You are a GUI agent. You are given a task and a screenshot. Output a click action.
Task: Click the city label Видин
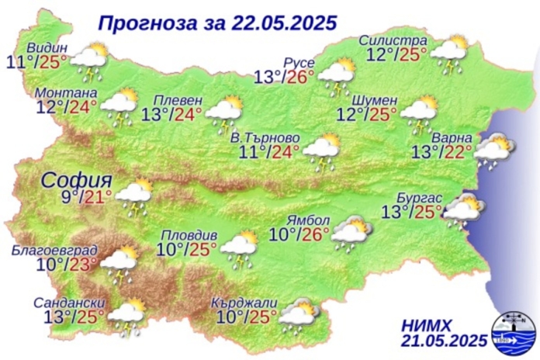48,47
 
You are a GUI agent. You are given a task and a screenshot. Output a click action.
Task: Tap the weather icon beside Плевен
226,112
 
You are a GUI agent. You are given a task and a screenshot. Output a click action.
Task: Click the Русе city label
299,61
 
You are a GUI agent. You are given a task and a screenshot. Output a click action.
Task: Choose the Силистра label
393,40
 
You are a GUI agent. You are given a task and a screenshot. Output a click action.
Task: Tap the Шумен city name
375,101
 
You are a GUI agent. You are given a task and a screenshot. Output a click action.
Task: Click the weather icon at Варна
494,149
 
